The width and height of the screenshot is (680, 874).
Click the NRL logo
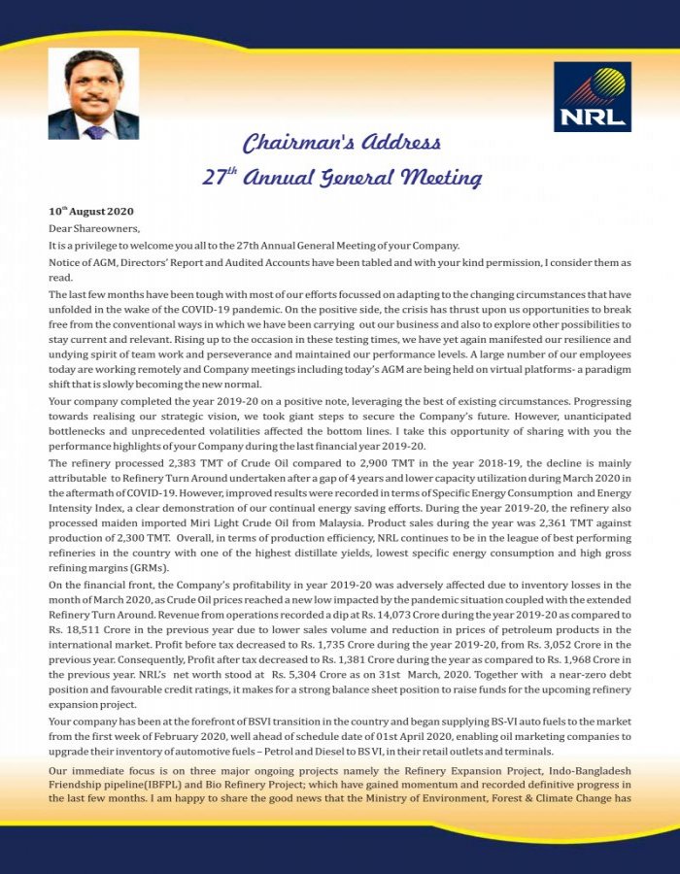[592, 97]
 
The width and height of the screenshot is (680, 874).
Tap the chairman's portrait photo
[93, 95]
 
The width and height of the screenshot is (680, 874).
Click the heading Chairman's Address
[341, 145]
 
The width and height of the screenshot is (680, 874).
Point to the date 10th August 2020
[91, 211]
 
